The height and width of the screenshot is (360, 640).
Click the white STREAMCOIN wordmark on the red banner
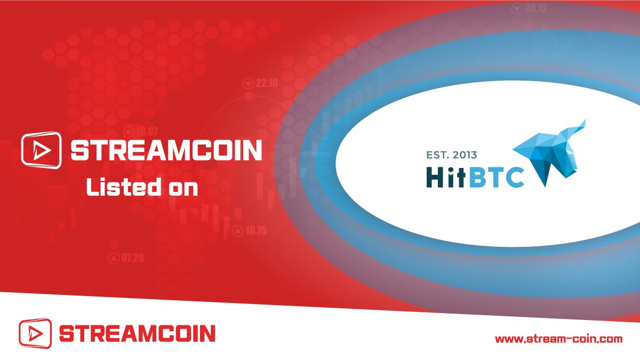coord(166,150)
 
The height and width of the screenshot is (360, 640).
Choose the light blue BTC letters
coord(497,177)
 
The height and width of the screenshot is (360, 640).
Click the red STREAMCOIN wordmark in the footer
coord(137,334)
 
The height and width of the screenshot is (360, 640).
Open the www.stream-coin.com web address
coord(559,339)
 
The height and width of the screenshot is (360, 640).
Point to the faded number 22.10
coord(267,83)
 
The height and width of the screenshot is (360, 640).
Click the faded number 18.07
coord(147,131)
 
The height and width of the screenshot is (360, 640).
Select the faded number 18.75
coord(257,231)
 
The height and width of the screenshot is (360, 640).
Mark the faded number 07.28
coord(133,259)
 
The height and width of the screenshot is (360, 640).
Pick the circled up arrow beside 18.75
coord(237,231)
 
